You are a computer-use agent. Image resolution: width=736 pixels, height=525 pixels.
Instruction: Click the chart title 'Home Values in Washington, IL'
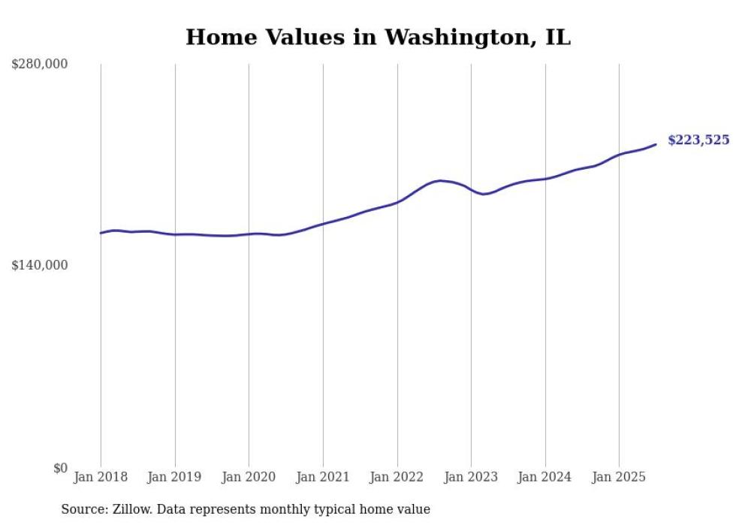pos(378,38)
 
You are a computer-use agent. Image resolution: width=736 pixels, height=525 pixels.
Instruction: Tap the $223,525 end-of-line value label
pos(698,140)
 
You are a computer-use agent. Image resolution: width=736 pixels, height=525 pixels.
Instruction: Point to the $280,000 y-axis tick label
pos(39,65)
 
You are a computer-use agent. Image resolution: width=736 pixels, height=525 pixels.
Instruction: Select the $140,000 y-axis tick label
pos(39,265)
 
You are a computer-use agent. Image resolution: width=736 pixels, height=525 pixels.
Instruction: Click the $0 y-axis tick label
pos(60,468)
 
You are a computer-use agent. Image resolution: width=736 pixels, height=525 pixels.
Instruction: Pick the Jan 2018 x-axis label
pos(101,477)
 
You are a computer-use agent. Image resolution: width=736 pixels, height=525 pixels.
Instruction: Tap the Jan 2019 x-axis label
pos(175,477)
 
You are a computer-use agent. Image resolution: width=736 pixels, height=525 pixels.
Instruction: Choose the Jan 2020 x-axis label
pos(249,477)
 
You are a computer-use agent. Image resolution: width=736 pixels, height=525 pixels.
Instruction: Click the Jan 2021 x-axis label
pos(323,477)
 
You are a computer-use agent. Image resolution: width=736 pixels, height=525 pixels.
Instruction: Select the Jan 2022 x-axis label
pos(397,477)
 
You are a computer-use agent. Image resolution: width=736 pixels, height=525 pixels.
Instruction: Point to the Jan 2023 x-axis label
pos(471,477)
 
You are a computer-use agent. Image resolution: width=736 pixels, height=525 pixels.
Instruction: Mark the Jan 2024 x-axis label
pos(545,477)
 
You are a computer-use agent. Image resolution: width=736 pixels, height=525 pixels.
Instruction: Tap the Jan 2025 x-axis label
pos(619,477)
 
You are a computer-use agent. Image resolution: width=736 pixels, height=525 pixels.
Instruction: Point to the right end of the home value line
pos(656,144)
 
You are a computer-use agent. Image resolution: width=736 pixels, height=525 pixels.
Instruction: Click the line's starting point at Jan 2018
pos(101,233)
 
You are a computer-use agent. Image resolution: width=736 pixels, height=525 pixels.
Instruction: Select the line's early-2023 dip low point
pos(485,194)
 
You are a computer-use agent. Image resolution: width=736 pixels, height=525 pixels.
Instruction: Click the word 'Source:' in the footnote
pos(84,509)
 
